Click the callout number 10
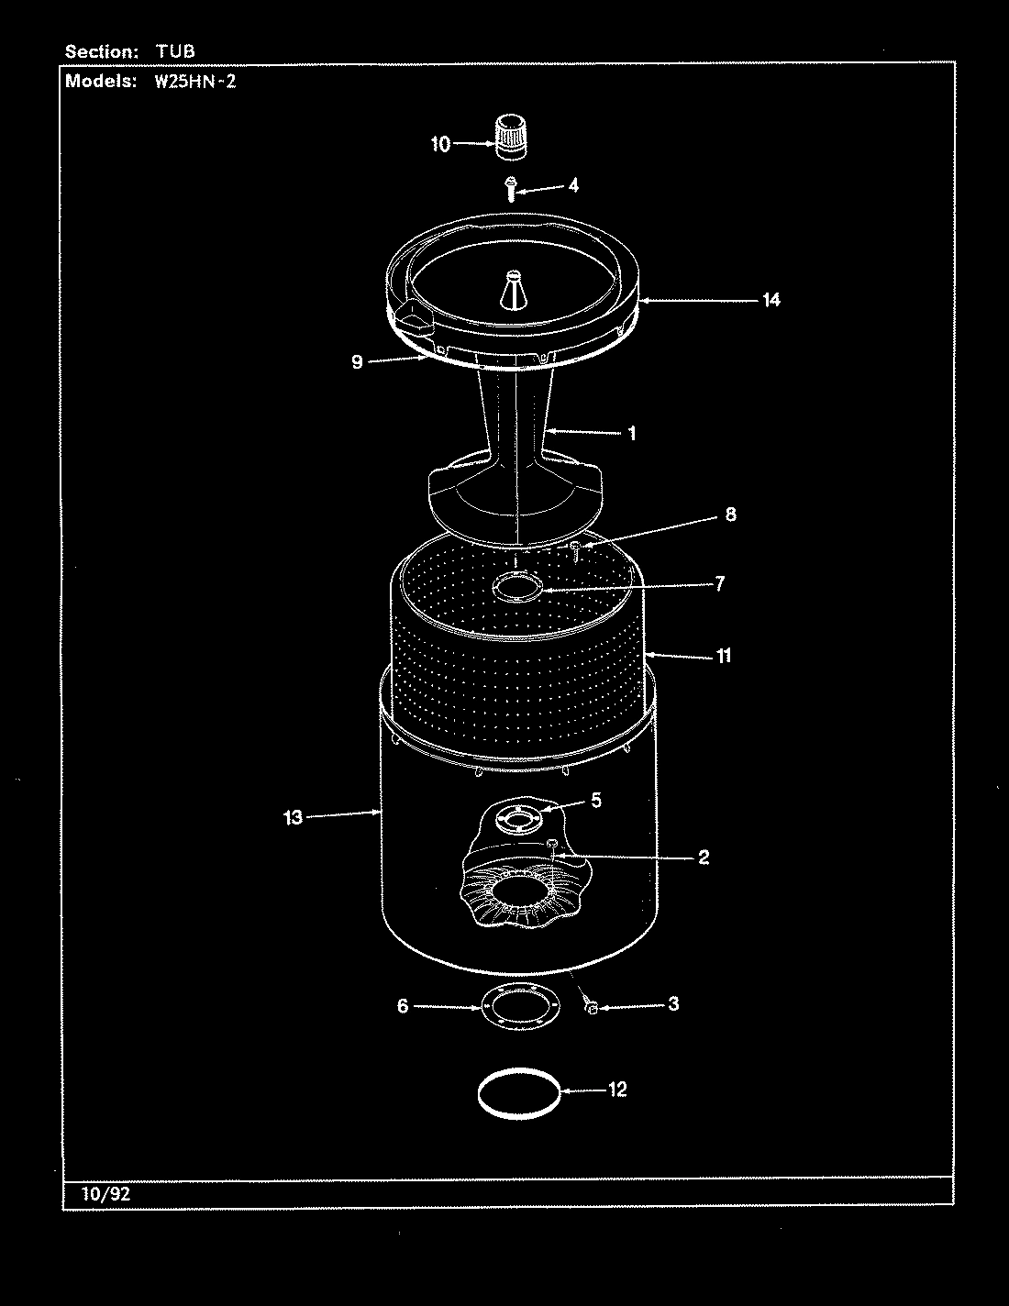coord(440,144)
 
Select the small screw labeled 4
coord(507,188)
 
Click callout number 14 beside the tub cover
coord(771,299)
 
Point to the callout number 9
coord(357,361)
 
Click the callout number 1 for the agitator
coord(631,433)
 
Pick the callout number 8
coord(730,514)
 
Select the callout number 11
coord(724,656)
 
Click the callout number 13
coord(293,817)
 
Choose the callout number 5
coord(595,801)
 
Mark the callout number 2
coord(703,858)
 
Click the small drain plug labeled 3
coord(592,1008)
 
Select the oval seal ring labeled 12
coord(518,1092)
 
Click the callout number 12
coord(616,1089)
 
